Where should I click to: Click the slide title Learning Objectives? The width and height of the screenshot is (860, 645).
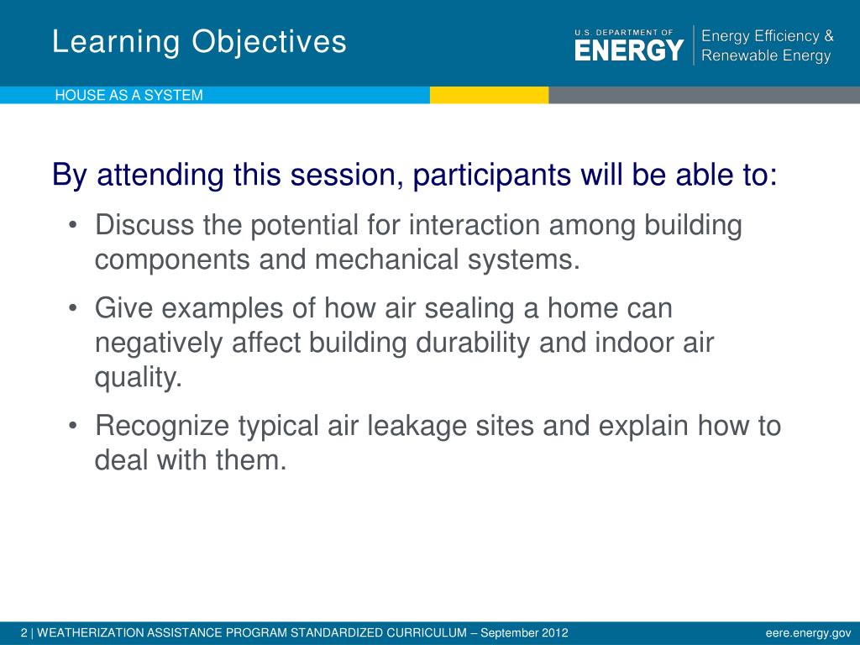(199, 42)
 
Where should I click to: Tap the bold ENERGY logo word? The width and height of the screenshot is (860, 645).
(629, 50)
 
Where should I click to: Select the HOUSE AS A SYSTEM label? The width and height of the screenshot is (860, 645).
(128, 96)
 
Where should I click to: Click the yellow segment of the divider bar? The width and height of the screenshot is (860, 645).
(490, 95)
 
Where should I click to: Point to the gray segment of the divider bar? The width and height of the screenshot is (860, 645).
(705, 95)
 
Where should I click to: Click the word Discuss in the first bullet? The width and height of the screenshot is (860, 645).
(144, 225)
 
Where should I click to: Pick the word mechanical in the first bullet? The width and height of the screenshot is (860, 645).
(386, 259)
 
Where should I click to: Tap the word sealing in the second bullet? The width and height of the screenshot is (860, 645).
(469, 308)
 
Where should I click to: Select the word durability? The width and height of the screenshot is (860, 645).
(473, 343)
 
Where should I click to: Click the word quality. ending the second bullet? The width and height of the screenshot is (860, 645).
(139, 378)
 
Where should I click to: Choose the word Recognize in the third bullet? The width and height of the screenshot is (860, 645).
(162, 426)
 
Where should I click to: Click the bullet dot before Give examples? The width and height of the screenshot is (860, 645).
(72, 308)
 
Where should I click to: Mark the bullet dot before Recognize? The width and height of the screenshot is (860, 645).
(72, 426)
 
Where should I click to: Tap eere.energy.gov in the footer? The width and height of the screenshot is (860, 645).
(809, 633)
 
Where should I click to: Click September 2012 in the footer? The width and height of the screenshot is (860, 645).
(524, 633)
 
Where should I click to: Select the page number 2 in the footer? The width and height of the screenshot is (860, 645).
(24, 633)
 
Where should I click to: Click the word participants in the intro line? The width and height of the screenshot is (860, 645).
(492, 176)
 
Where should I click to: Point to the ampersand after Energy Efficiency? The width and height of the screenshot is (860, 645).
(828, 36)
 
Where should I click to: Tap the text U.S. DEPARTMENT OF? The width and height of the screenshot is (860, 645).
(624, 33)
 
